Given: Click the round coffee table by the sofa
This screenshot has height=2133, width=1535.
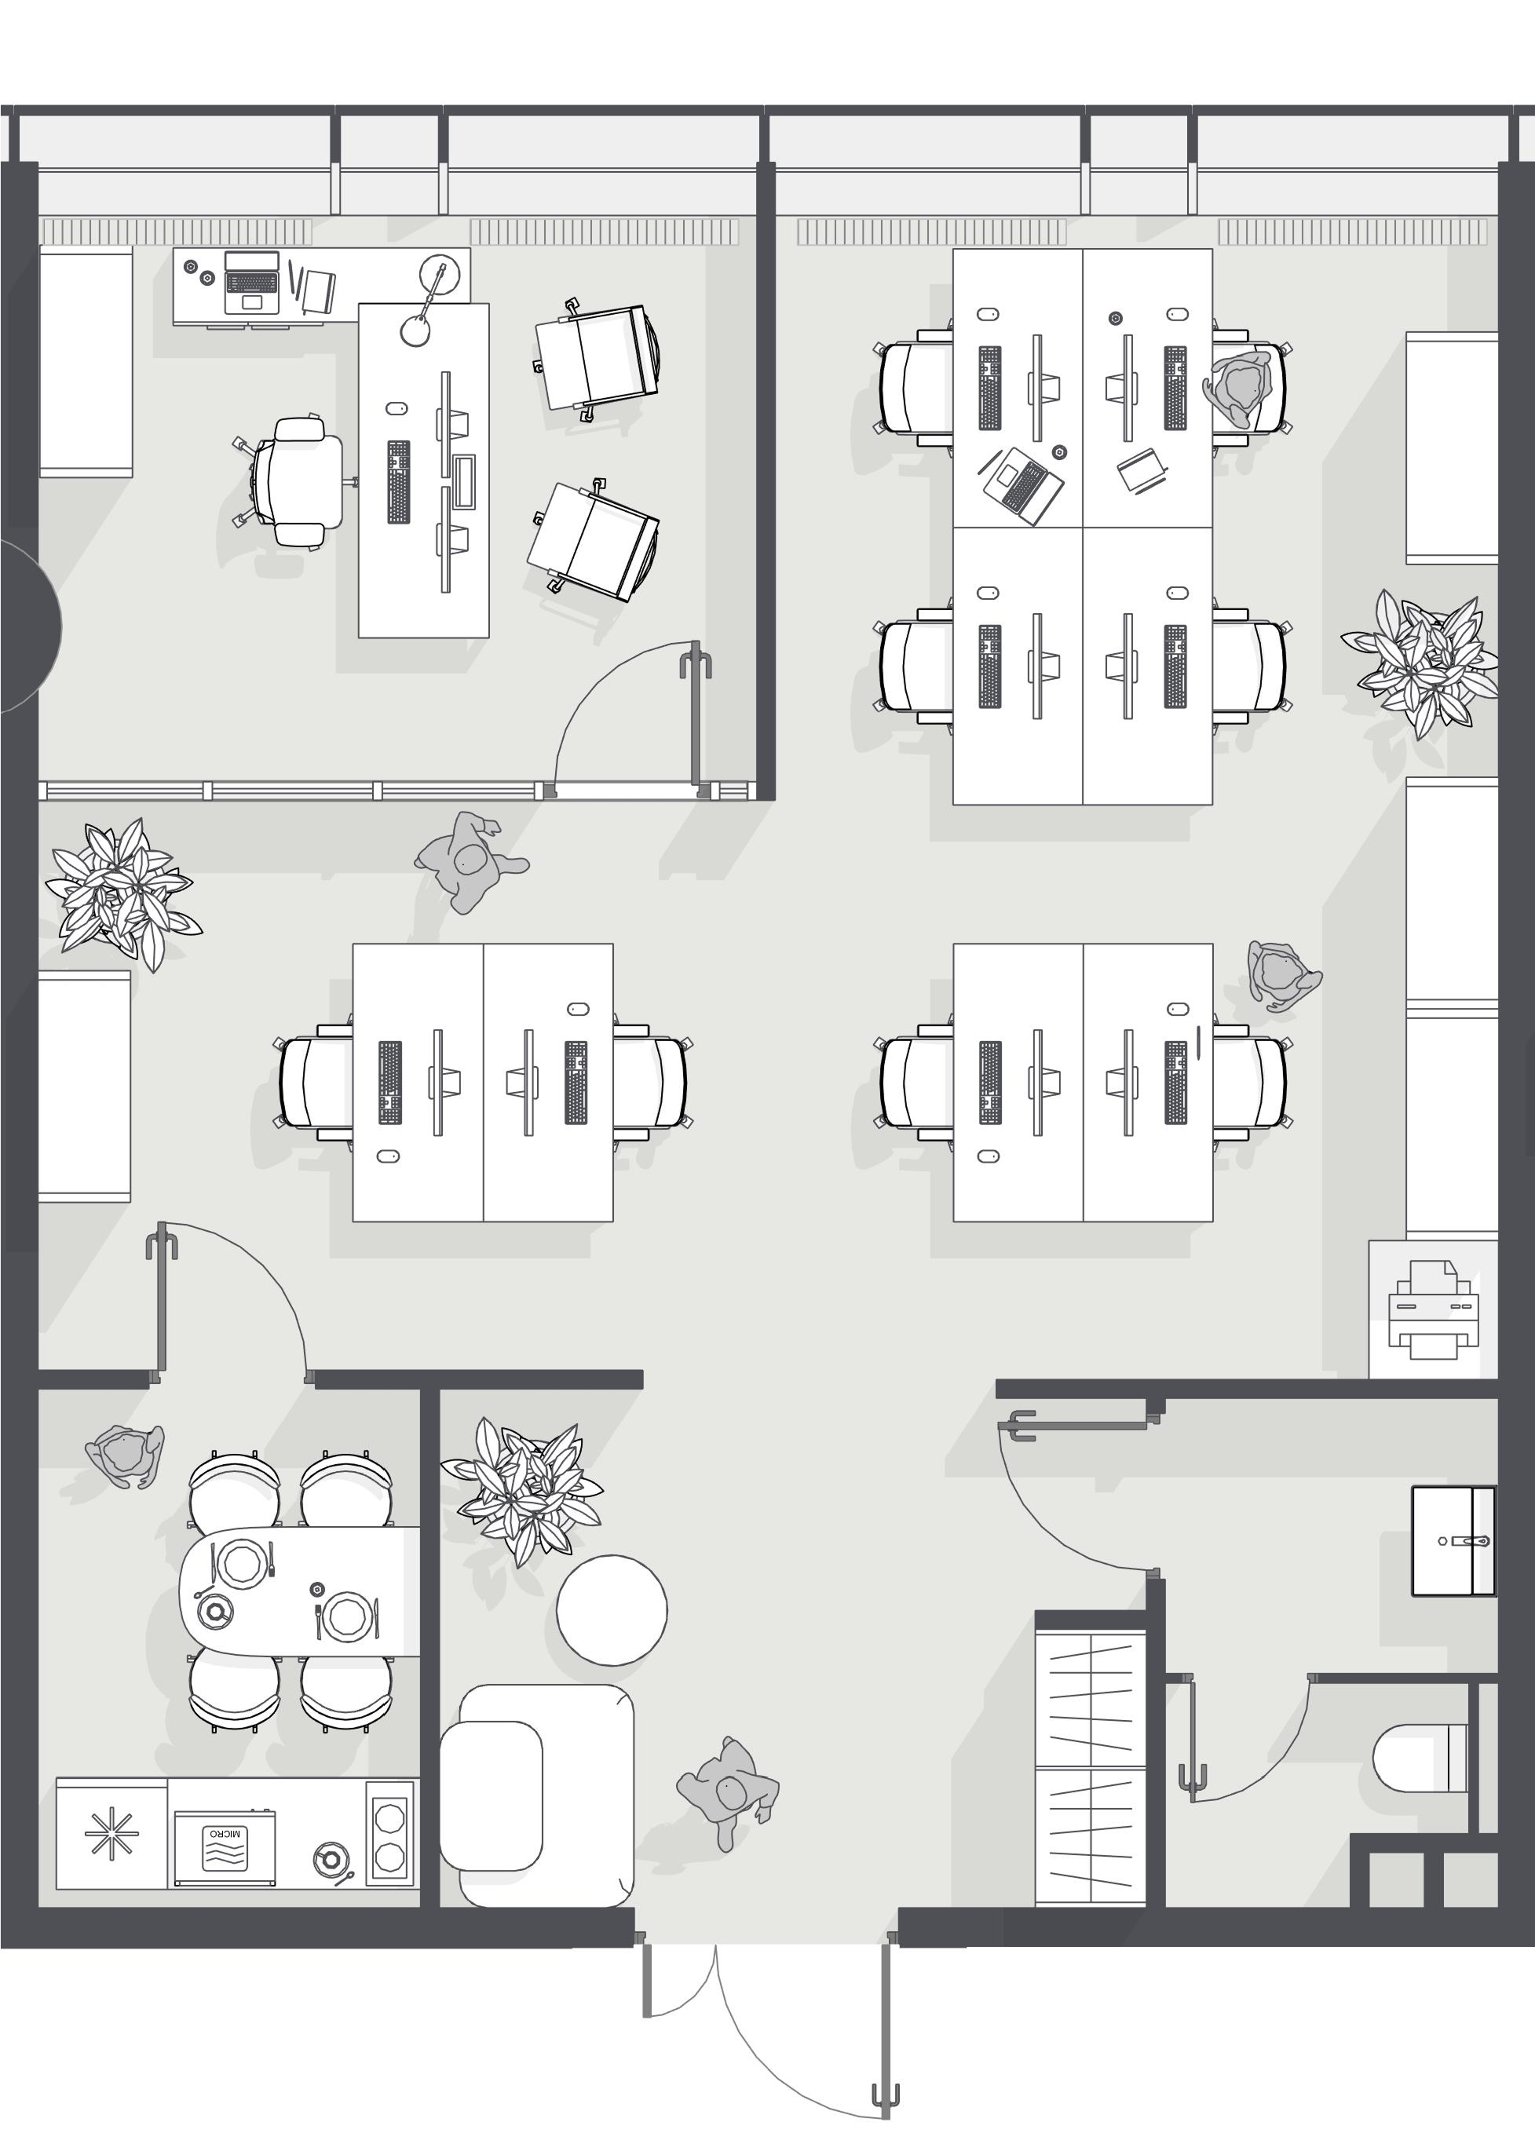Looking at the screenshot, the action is [612, 1610].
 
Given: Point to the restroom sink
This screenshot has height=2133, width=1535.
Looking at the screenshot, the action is [1453, 1540].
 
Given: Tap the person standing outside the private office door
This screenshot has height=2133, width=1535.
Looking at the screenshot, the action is [470, 861].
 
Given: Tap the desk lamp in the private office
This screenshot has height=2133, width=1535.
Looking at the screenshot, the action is [429, 301].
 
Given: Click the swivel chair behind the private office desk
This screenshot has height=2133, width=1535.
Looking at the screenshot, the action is [293, 481].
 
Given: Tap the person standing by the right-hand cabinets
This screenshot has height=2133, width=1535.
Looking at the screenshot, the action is [1282, 975].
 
